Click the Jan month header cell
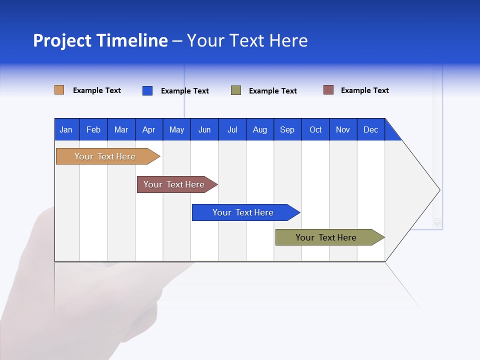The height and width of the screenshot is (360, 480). (66, 129)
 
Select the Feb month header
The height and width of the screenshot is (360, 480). (93, 129)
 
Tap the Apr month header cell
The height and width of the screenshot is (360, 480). (149, 129)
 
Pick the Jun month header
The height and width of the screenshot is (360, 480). (204, 129)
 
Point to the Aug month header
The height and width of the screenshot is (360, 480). (260, 129)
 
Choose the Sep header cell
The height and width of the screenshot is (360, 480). (287, 129)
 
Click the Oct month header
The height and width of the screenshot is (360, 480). (315, 129)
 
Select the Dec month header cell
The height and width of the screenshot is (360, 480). (371, 129)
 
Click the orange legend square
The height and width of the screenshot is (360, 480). (59, 90)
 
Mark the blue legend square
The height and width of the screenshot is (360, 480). (147, 90)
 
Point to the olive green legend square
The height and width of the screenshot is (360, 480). (236, 90)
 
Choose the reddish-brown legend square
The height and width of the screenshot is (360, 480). (328, 90)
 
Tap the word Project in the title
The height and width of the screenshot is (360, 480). (62, 41)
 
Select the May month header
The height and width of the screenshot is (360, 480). (176, 129)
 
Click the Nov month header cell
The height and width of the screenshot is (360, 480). (343, 129)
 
